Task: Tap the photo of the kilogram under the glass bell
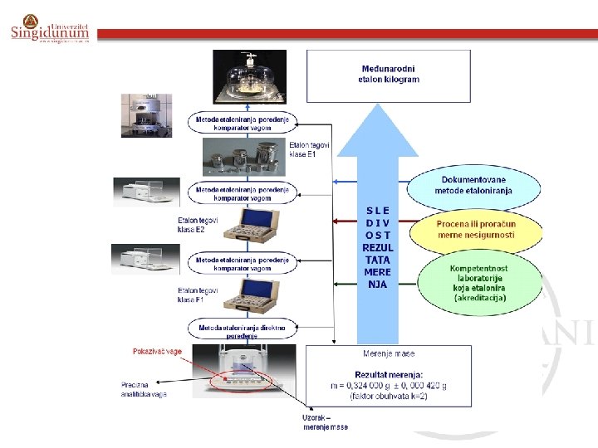click(249, 79)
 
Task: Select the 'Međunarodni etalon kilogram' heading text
click(390, 74)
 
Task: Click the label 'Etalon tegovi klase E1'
click(310, 150)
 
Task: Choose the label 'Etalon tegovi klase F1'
click(198, 295)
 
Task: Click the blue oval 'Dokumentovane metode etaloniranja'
click(473, 185)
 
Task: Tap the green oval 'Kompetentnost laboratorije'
click(479, 283)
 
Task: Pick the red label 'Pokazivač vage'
click(157, 352)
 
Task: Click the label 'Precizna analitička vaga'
click(144, 389)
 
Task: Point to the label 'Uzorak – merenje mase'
click(325, 422)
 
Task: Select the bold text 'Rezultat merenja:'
click(388, 375)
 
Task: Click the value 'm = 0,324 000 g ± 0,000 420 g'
click(388, 387)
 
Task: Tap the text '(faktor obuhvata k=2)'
click(388, 399)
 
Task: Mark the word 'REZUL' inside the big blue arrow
click(378, 248)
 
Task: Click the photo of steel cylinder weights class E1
click(249, 157)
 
